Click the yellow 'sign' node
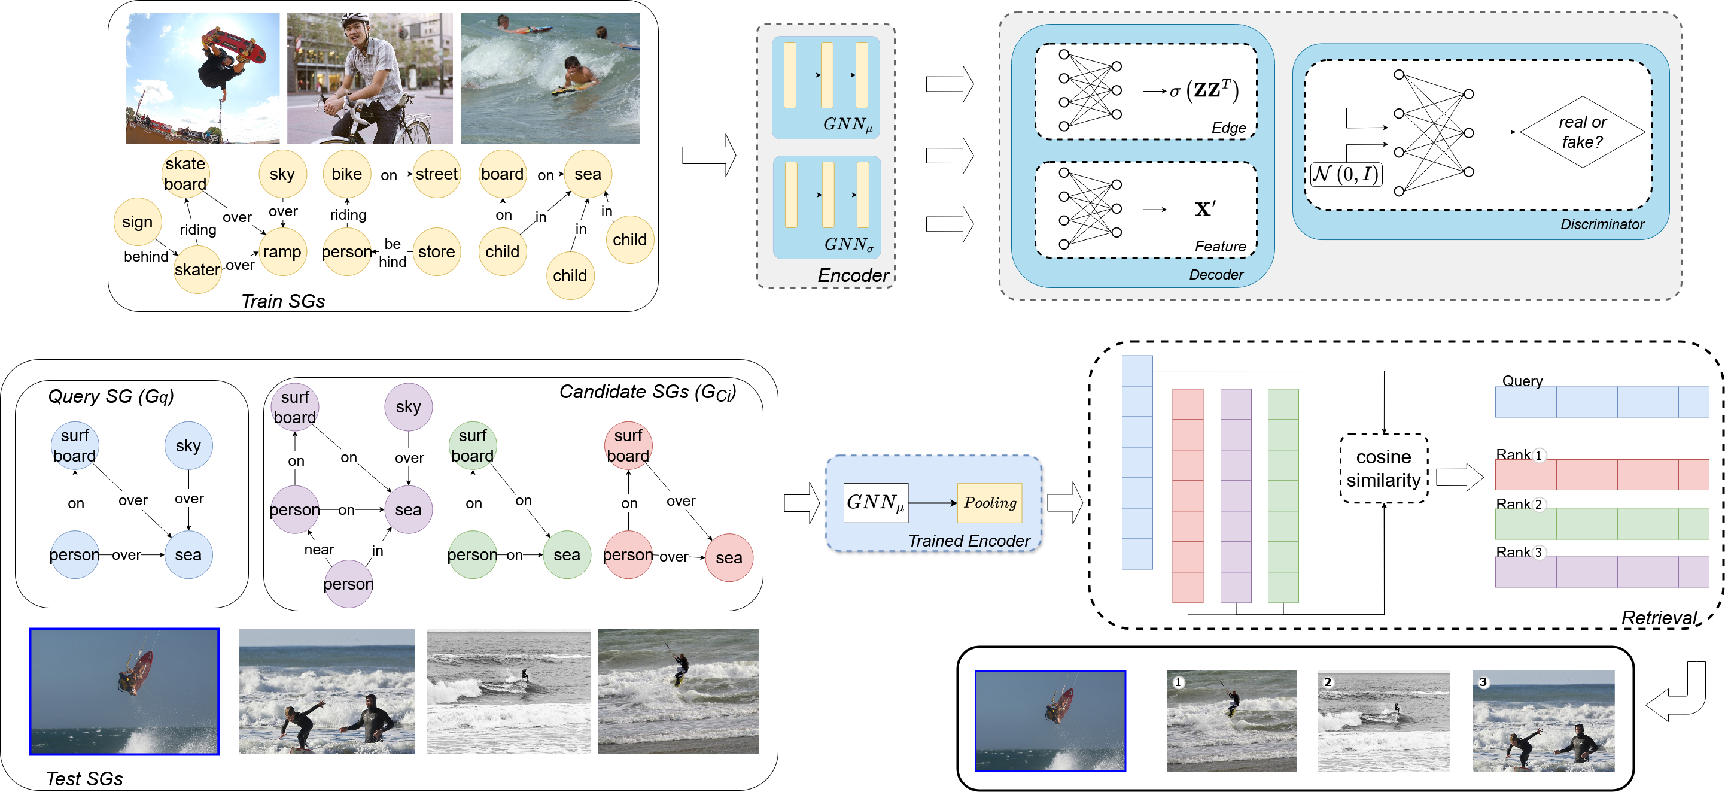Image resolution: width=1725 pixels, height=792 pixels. click(137, 221)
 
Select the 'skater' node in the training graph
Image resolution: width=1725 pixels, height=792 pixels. click(197, 269)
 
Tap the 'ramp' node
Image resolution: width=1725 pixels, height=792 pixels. click(282, 252)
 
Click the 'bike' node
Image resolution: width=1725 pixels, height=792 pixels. click(347, 174)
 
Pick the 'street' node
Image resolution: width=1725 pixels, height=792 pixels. click(437, 174)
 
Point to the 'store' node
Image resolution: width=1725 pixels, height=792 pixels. click(437, 252)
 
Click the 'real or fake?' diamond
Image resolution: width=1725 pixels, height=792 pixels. click(1583, 132)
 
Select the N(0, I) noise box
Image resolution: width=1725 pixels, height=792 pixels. click(1346, 174)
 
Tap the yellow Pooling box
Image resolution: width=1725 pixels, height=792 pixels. click(990, 502)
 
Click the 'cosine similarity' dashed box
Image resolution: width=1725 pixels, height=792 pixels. click(1383, 468)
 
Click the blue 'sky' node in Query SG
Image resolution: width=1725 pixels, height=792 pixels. click(188, 445)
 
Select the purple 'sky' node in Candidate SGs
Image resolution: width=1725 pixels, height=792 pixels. click(409, 406)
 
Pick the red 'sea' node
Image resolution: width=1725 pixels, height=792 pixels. click(729, 557)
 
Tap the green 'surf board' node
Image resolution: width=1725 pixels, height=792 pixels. click(473, 445)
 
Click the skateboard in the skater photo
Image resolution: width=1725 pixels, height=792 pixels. click(235, 46)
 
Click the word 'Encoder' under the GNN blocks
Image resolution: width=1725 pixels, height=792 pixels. click(853, 275)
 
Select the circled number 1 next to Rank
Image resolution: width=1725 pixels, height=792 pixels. click(1538, 456)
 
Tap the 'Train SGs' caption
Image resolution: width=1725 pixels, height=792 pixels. click(282, 301)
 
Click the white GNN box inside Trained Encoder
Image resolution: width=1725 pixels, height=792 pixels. click(876, 502)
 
